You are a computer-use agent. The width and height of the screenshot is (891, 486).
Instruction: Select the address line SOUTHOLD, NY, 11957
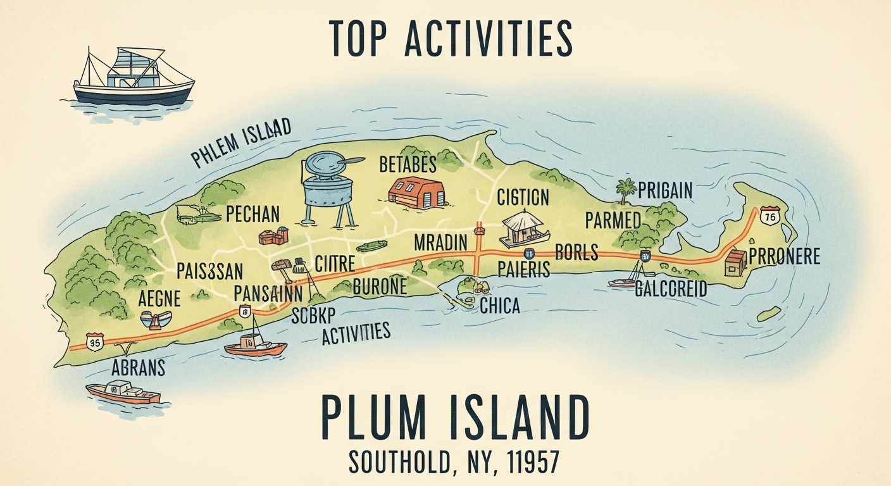[454, 463]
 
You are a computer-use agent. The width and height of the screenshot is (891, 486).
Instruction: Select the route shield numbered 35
[95, 342]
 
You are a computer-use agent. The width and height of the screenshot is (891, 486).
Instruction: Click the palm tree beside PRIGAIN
[625, 190]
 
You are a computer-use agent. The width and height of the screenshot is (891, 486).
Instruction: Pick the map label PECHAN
[252, 214]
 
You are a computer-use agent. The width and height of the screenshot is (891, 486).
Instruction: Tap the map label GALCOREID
[671, 290]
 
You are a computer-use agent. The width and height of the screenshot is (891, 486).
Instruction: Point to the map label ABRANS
[138, 368]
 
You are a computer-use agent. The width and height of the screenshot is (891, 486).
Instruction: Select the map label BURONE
[379, 286]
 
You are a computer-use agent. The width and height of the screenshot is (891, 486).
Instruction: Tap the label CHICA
[500, 306]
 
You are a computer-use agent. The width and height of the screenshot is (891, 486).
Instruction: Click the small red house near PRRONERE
[735, 262]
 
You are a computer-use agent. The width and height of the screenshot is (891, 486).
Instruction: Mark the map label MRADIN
[440, 242]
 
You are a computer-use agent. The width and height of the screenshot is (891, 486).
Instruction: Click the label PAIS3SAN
[209, 271]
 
